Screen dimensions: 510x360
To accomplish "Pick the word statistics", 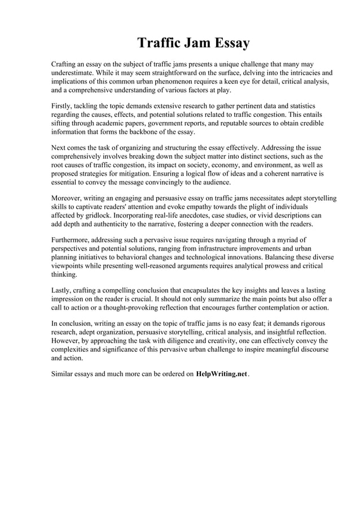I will [300, 106].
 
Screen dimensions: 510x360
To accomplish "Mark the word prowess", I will [274, 265].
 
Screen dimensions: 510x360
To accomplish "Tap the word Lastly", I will [62, 290].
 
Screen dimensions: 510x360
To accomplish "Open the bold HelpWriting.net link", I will [222, 374].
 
